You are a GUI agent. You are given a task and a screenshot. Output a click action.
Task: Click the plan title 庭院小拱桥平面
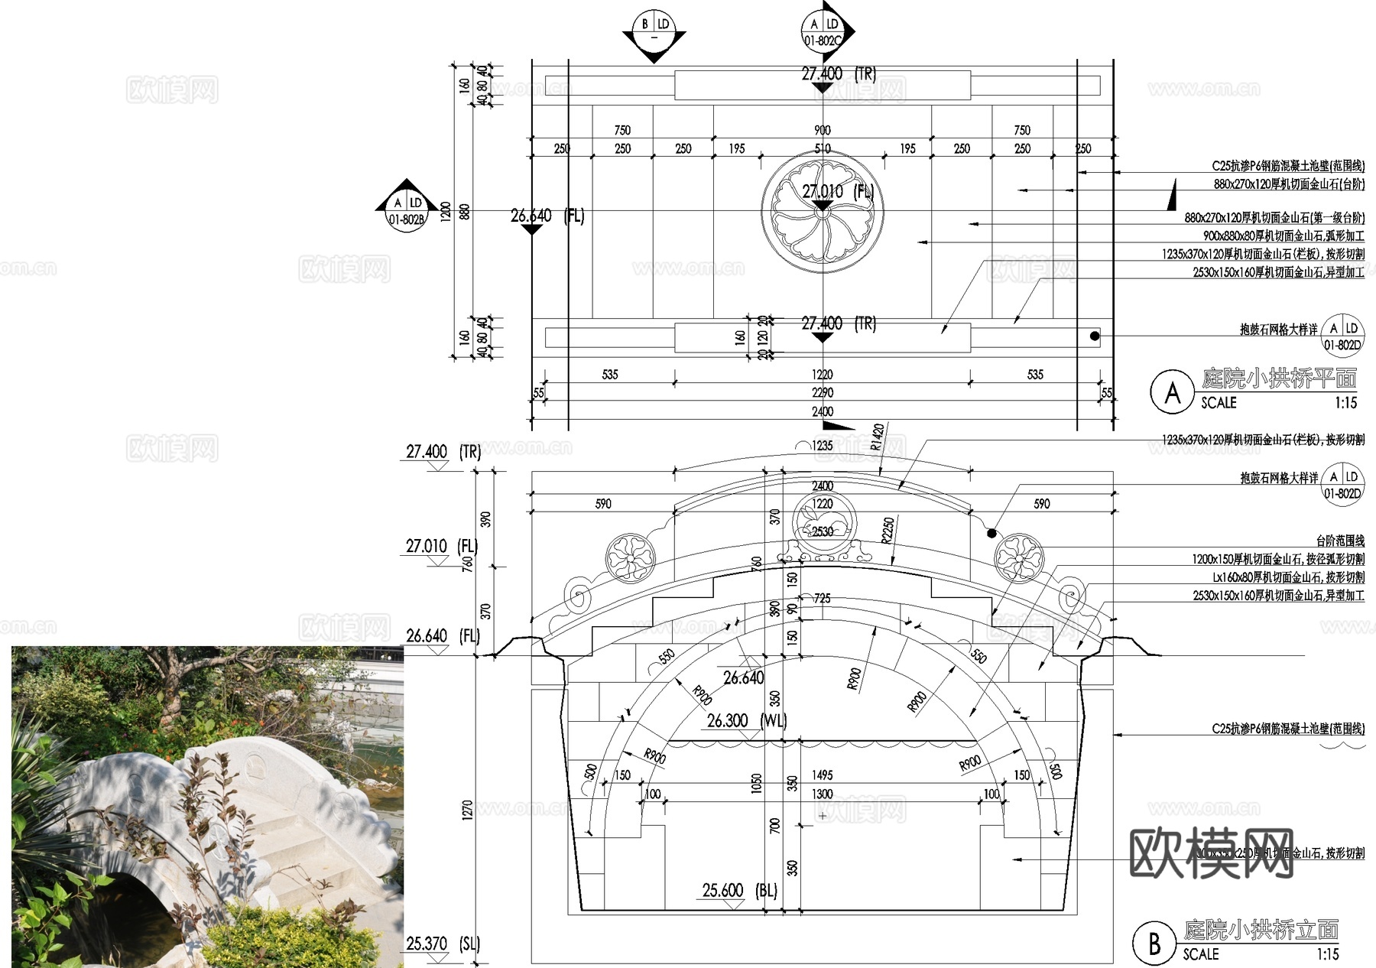[1279, 378]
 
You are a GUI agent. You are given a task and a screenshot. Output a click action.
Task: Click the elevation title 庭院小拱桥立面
[1261, 930]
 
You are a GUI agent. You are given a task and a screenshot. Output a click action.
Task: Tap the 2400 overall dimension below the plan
[823, 411]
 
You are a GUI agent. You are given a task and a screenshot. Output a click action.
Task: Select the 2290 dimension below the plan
[823, 392]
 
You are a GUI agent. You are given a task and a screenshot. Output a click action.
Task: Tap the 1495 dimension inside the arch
[823, 775]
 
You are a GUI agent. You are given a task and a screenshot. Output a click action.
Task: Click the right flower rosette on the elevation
[1018, 557]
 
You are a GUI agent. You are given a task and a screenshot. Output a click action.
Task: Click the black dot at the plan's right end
[1095, 336]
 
